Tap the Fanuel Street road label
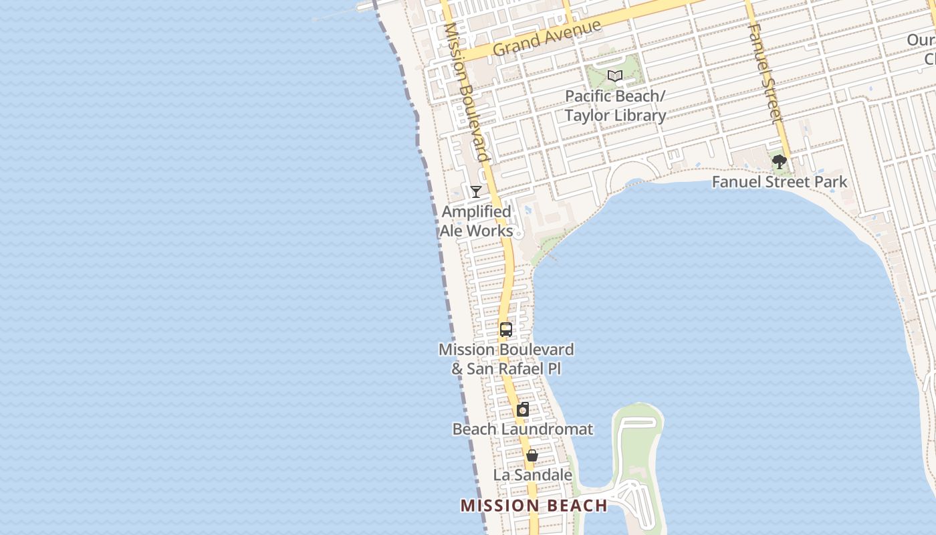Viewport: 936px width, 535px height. point(765,74)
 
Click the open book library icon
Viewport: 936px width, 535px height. point(615,76)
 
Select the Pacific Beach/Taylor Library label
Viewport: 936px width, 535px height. point(615,106)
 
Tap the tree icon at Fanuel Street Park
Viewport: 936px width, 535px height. point(779,161)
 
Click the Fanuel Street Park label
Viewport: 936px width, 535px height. point(779,182)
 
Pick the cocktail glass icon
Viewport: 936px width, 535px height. point(476,192)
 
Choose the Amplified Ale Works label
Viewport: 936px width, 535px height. point(476,221)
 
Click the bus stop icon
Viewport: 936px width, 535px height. point(506,330)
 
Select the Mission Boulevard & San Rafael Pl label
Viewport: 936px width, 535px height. point(506,359)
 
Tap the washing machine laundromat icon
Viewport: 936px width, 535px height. point(523,410)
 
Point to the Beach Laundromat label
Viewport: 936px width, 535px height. point(523,429)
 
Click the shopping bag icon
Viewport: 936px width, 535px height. point(532,455)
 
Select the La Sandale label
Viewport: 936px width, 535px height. point(532,475)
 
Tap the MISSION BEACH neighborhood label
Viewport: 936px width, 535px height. point(534,506)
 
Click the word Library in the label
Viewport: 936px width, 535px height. point(640,116)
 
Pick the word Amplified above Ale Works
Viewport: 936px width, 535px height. point(476,212)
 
